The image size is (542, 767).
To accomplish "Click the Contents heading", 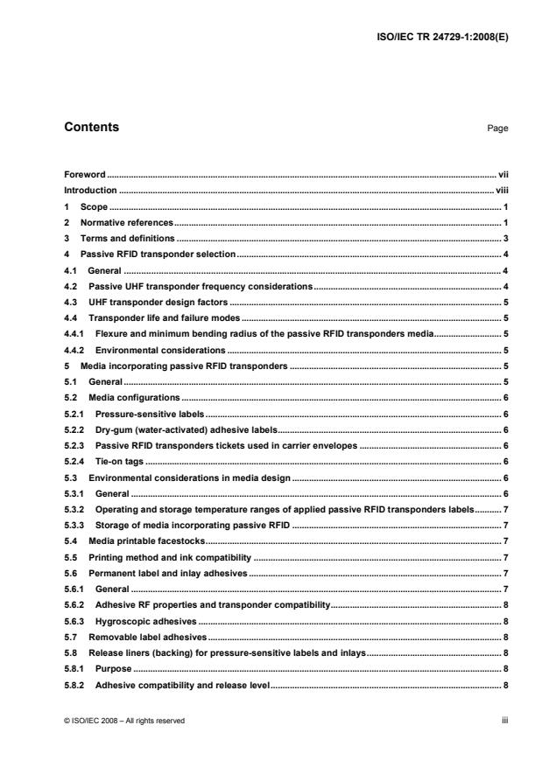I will [x=92, y=128].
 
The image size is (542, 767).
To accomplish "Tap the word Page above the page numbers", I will [x=497, y=129].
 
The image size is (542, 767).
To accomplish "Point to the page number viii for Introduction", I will [x=501, y=190].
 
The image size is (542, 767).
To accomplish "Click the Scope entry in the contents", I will [x=94, y=206].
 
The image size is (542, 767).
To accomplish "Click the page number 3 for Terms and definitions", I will [x=507, y=238].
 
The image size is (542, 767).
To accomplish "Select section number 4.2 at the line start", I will [x=71, y=286].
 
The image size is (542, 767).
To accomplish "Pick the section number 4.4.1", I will [x=74, y=333].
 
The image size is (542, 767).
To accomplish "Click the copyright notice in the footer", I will [x=124, y=721].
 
